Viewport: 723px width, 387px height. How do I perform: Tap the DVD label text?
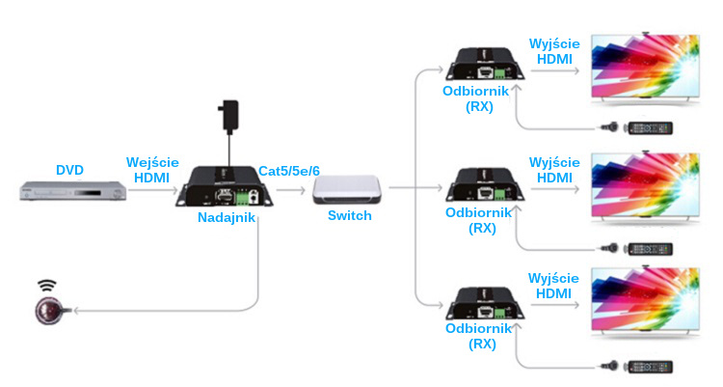69,171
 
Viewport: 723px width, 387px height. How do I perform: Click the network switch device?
348,191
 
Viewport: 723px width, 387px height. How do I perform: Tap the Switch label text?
349,215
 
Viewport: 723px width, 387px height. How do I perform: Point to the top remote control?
655,127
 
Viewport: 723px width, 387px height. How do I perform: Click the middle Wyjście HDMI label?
554,170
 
